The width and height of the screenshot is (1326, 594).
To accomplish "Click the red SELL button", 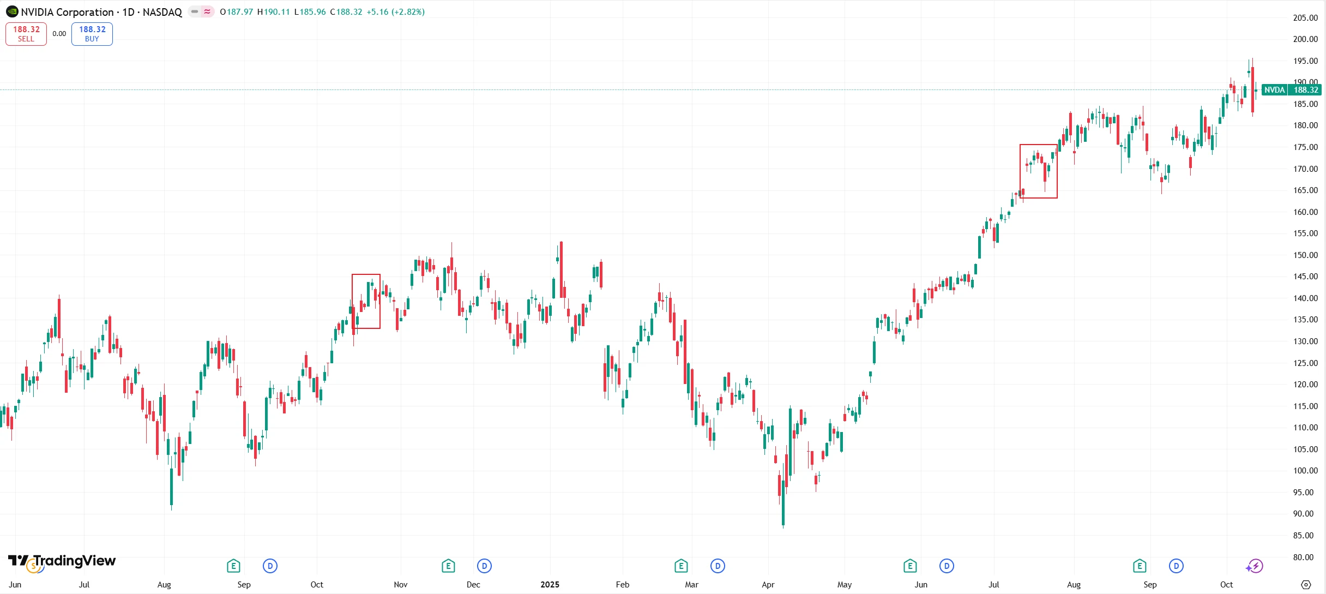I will (26, 34).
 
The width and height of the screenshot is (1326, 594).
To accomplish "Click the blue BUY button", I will (92, 34).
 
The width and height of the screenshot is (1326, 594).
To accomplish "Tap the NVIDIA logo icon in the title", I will (12, 11).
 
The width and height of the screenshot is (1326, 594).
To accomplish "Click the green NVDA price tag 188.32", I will (1291, 90).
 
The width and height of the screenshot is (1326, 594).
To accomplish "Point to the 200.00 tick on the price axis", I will (1305, 39).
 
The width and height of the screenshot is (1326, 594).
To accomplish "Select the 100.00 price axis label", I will (1305, 471).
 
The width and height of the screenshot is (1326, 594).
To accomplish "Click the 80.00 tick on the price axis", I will (1305, 557).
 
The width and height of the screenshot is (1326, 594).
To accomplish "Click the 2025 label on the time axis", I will (550, 585).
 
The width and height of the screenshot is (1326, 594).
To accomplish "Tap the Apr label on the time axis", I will (768, 585).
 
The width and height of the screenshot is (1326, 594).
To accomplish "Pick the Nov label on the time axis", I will (400, 585).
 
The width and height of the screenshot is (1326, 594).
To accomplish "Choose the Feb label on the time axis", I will (622, 585).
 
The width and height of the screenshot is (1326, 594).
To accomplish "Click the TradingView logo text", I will (74, 561).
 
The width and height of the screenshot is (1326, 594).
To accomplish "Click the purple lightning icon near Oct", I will (1255, 566).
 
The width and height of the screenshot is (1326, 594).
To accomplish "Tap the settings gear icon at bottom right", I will (1306, 585).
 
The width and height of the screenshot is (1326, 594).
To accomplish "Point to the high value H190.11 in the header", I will (274, 12).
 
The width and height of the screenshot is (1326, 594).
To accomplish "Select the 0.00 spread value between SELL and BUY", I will (59, 34).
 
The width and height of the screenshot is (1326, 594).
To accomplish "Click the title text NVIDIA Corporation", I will (67, 12).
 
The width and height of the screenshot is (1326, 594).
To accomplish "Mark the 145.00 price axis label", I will (1305, 277).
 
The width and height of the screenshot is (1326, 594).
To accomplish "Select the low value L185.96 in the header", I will (310, 12).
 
